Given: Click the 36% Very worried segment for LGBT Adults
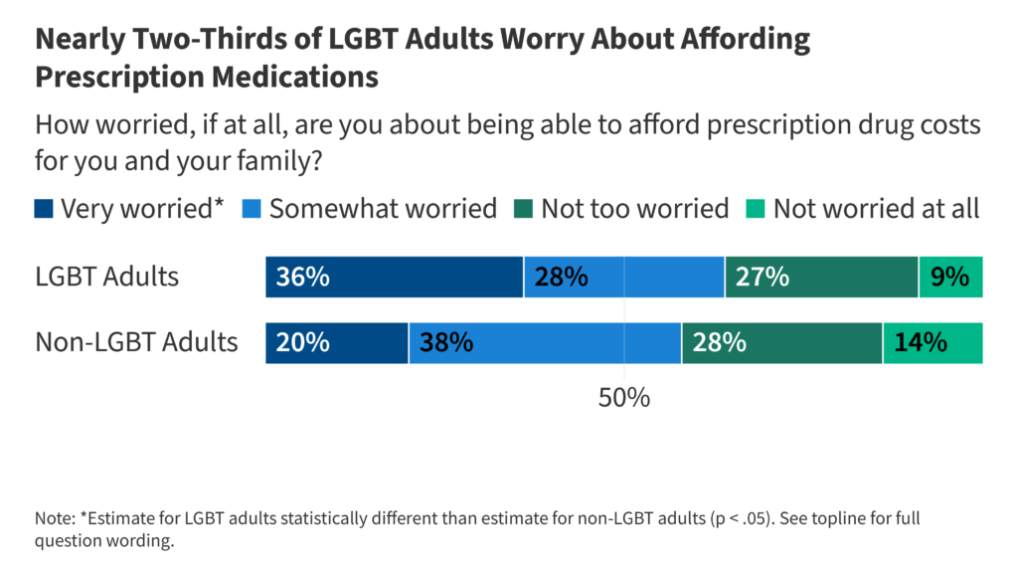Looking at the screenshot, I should coord(394,277).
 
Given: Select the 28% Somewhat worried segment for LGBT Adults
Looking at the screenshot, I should coord(623,277).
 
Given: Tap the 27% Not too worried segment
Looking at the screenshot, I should coord(821,277).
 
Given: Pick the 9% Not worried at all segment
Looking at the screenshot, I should coord(950,277).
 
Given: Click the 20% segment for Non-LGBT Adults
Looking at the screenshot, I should coord(336,343).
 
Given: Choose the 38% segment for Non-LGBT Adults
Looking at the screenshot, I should coord(544,343).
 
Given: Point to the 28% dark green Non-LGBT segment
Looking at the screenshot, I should coord(781,343).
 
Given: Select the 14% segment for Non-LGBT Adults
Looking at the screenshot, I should coord(933,343).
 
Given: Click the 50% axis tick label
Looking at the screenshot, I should coord(623,398).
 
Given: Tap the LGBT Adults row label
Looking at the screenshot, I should coord(106,277).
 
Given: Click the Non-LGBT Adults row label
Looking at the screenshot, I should coord(136,343).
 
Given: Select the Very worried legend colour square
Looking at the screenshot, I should coord(44,209).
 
